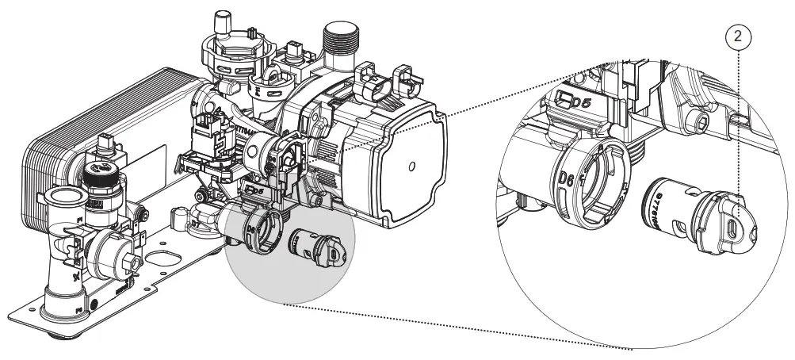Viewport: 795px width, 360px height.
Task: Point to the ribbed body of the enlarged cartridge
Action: [667, 207]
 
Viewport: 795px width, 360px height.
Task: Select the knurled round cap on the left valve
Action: [98, 171]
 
